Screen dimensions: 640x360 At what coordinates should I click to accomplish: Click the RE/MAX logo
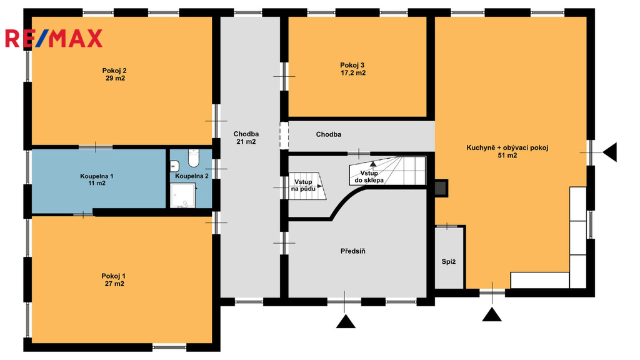(54, 38)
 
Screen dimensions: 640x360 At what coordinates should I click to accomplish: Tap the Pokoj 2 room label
(115, 74)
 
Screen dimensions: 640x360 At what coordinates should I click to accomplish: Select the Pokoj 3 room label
(352, 69)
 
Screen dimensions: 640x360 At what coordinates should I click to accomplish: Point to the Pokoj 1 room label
(114, 280)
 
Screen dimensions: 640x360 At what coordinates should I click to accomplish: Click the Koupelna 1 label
(97, 179)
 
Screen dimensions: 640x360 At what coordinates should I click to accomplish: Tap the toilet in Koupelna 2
(194, 158)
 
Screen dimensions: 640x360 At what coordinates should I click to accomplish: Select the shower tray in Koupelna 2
(183, 196)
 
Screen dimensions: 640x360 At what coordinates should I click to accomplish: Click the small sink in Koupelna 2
(174, 166)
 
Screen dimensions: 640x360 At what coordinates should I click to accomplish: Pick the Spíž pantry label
(449, 262)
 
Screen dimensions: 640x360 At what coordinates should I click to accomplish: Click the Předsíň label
(353, 251)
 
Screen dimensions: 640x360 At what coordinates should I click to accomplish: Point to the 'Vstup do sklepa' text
(369, 176)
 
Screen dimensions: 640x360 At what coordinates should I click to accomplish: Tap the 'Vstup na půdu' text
(303, 185)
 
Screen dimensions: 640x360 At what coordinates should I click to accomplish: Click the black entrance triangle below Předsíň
(346, 321)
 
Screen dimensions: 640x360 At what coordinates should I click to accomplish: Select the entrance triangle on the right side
(610, 152)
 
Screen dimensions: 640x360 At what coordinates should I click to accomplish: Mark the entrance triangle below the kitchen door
(492, 315)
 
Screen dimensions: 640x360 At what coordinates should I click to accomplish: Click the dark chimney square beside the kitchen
(441, 187)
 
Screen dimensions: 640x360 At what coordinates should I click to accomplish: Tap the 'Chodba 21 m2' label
(246, 138)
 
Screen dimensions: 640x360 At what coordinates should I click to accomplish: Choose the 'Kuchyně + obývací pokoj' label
(507, 147)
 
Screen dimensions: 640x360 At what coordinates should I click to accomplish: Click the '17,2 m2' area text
(354, 73)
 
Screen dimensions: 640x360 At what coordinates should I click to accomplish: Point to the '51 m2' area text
(507, 156)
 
